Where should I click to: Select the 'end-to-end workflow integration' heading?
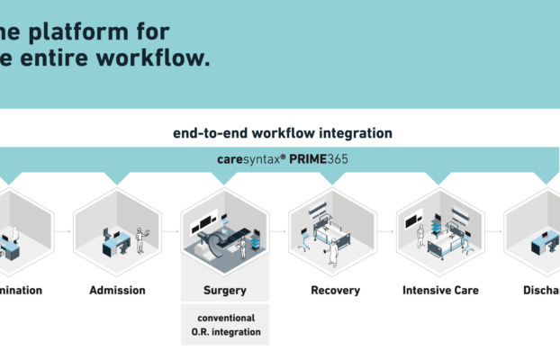pyautogui.click(x=283, y=132)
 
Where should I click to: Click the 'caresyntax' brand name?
pyautogui.click(x=249, y=159)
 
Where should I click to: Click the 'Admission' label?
pyautogui.click(x=117, y=290)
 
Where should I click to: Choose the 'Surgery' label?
pyautogui.click(x=224, y=291)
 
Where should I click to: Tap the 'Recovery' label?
pyautogui.click(x=335, y=290)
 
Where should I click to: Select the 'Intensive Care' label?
pyautogui.click(x=440, y=290)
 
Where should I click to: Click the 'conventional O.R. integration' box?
pyautogui.click(x=225, y=325)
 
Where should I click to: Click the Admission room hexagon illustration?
pyautogui.click(x=117, y=230)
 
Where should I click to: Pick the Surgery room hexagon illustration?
pyautogui.click(x=225, y=230)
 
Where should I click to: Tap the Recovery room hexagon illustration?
pyautogui.click(x=332, y=230)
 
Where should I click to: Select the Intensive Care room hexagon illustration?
pyautogui.click(x=440, y=230)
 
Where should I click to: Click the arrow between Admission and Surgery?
pyautogui.click(x=171, y=231)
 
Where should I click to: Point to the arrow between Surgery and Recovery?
pyautogui.click(x=279, y=231)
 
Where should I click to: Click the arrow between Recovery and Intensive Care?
pyautogui.click(x=386, y=231)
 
